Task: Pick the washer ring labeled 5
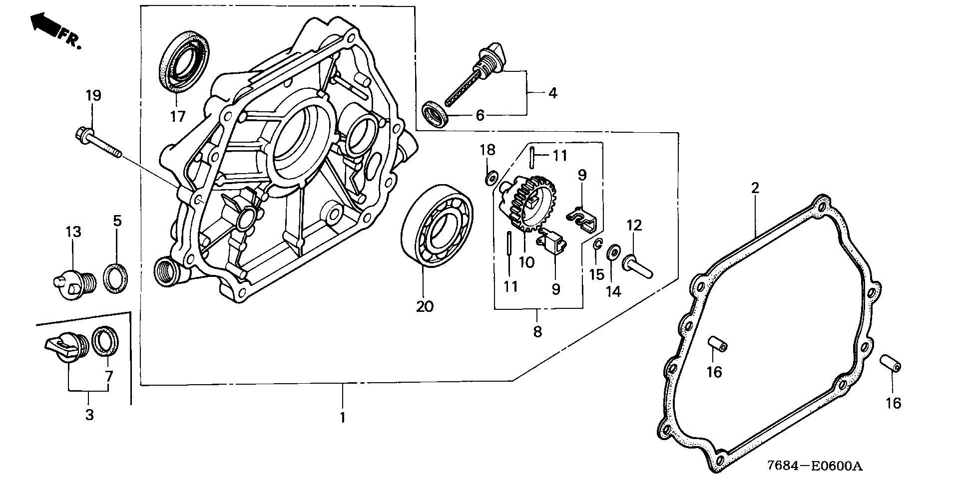115,279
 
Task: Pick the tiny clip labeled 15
597,244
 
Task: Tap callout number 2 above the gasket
755,188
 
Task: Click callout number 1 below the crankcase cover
343,417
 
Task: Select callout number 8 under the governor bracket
537,331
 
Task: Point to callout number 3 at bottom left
89,414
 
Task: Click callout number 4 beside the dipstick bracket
552,93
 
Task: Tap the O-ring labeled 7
106,341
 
